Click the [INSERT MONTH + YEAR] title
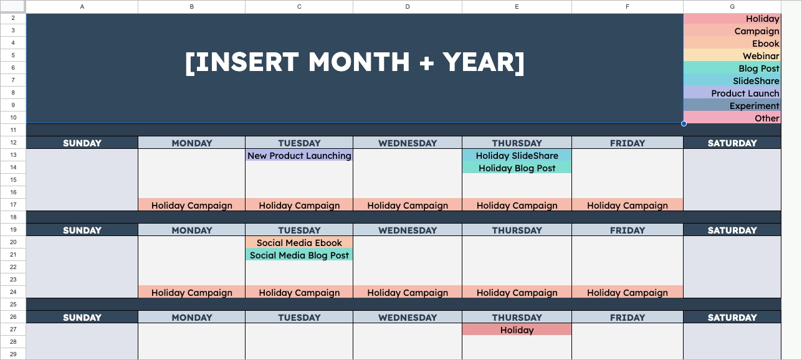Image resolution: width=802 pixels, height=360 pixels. [355, 62]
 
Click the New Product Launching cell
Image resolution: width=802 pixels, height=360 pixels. [299, 156]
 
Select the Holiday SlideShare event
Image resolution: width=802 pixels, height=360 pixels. [517, 156]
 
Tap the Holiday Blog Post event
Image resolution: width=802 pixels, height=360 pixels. [517, 168]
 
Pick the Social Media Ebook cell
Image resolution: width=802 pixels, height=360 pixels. [299, 243]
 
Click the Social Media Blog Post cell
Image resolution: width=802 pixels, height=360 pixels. [299, 255]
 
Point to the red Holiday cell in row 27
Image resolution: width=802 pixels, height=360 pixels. [517, 330]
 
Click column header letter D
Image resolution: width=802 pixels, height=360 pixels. [408, 6]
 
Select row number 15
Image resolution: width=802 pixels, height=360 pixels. [13, 180]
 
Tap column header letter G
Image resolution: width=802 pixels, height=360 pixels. [732, 6]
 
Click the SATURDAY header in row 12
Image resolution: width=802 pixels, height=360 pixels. [732, 143]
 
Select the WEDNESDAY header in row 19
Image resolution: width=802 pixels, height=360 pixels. [408, 230]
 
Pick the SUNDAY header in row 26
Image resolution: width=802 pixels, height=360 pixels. [82, 318]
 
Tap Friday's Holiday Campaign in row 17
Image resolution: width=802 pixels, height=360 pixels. [627, 206]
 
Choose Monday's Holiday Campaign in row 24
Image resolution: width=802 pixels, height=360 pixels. [191, 293]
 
